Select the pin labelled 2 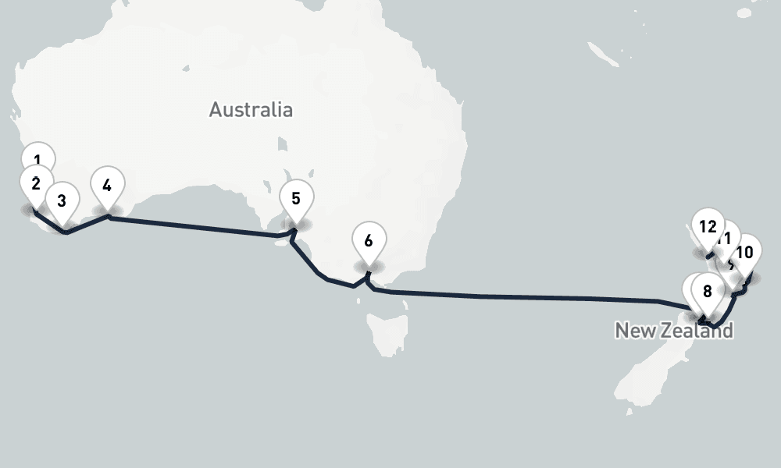tap(36, 183)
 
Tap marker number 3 tap(62, 200)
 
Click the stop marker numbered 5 tap(295, 197)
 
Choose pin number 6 tap(368, 240)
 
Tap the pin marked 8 tap(707, 291)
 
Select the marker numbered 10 tap(744, 252)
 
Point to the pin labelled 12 tap(708, 226)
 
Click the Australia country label tap(251, 109)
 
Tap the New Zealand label tap(674, 330)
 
